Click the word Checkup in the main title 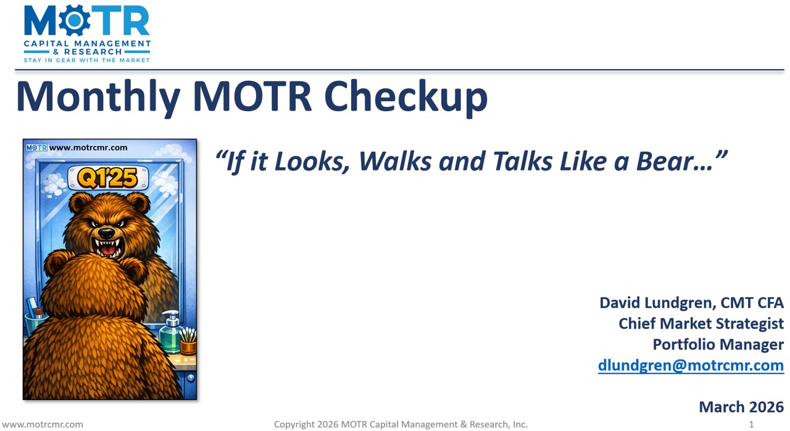click(x=405, y=96)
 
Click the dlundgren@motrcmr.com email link click(x=691, y=365)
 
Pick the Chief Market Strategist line click(x=701, y=324)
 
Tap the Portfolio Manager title click(x=718, y=344)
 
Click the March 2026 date click(x=741, y=407)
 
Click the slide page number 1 click(x=751, y=424)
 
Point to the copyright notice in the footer click(x=401, y=424)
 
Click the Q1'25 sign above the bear click(x=108, y=178)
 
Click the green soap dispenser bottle click(x=170, y=333)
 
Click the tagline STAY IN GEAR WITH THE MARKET click(x=86, y=60)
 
